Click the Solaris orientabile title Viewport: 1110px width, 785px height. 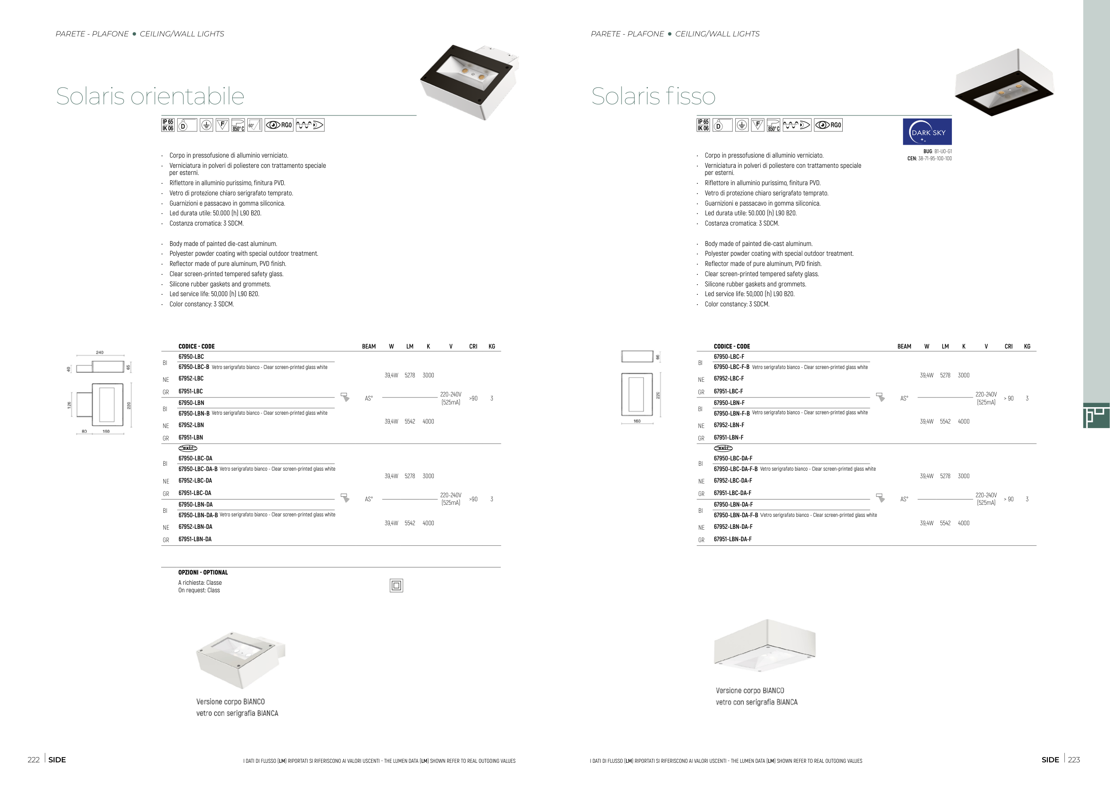(x=150, y=96)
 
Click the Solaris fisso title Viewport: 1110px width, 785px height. (x=653, y=96)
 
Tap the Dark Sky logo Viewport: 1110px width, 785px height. (x=927, y=131)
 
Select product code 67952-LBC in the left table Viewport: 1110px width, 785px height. (x=191, y=378)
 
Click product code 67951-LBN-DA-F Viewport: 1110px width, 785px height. (x=733, y=539)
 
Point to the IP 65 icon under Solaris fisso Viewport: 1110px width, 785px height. (x=703, y=125)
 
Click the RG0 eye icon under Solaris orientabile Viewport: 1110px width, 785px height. (x=279, y=125)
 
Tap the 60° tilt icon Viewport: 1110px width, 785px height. (x=254, y=125)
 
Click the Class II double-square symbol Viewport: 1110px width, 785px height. (x=396, y=585)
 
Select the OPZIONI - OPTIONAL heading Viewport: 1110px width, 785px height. (x=203, y=572)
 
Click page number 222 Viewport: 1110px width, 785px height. (x=33, y=759)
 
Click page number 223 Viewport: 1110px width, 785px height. (x=1074, y=759)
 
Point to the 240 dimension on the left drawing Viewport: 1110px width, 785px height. (x=99, y=353)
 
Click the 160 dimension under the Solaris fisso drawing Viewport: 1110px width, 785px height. (x=637, y=421)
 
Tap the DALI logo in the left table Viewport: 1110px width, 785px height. (x=187, y=448)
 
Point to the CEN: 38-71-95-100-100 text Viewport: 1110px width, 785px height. (x=929, y=159)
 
